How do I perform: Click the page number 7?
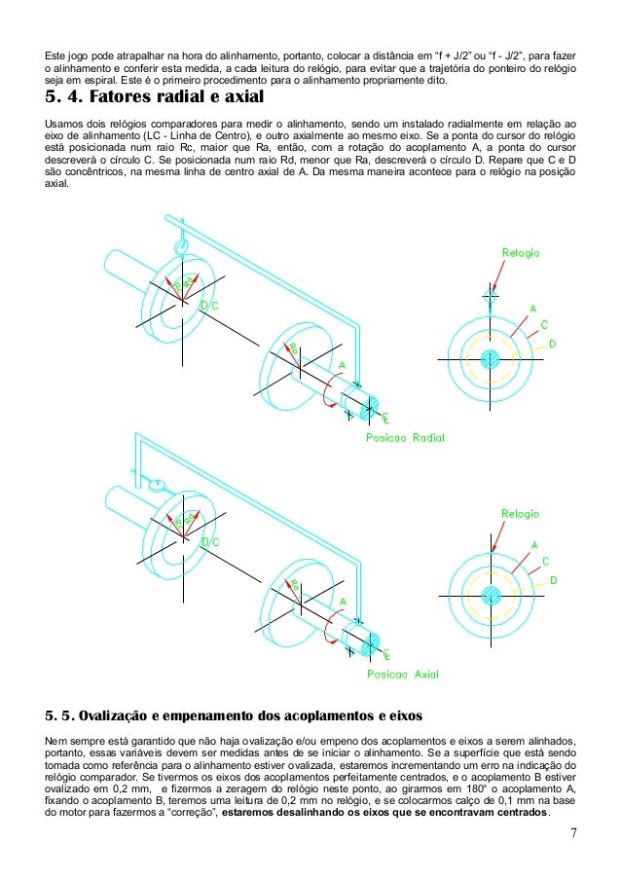coord(574,833)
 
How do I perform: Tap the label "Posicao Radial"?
coord(404,438)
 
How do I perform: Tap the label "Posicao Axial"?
coord(402,672)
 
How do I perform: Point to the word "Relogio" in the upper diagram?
coord(521,253)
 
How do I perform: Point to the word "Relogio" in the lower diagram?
coord(521,513)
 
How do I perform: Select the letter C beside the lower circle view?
coord(545,561)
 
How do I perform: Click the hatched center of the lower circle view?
coord(491,595)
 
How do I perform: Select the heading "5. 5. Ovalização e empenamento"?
coord(234,717)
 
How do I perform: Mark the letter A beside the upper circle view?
coord(532,309)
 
